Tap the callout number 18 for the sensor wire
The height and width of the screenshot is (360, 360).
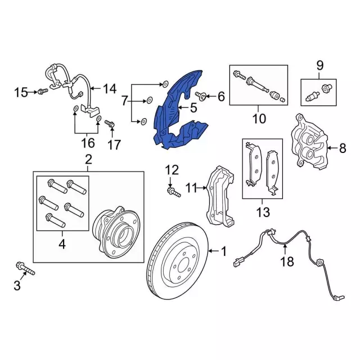tap(287, 261)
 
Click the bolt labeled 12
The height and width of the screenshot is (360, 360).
tap(172, 192)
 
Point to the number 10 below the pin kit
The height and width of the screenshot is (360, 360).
tap(258, 119)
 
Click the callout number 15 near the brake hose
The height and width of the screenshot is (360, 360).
tap(21, 92)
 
